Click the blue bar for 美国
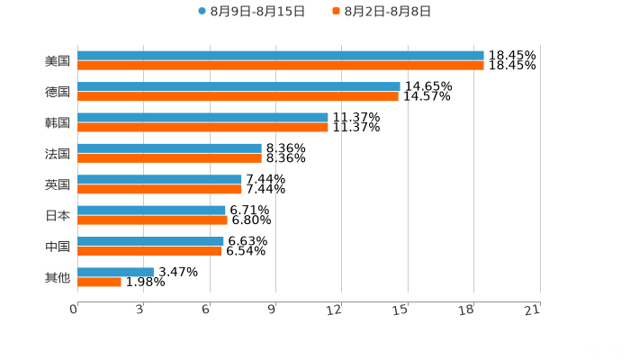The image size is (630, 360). pos(281,56)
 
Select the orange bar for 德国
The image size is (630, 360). pos(238,96)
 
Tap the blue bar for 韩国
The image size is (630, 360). pos(202,117)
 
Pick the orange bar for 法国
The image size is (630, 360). pos(169,157)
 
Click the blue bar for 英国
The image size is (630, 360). pos(159,179)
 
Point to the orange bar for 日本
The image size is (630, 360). pos(152,220)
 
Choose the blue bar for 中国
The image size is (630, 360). pos(150,241)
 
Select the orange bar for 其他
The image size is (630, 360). pos(99,282)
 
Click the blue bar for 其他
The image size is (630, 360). pos(115,272)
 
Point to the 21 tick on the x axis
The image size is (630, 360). pos(532,310)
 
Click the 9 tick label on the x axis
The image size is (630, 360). pos(271,310)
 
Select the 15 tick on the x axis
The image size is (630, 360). pos(401,310)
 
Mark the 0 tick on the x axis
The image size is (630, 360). pos(75,310)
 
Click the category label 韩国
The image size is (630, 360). pos(58,122)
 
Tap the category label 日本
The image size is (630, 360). pos(58,215)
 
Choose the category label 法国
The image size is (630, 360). pos(58,153)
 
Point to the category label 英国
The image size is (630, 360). pos(58,184)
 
